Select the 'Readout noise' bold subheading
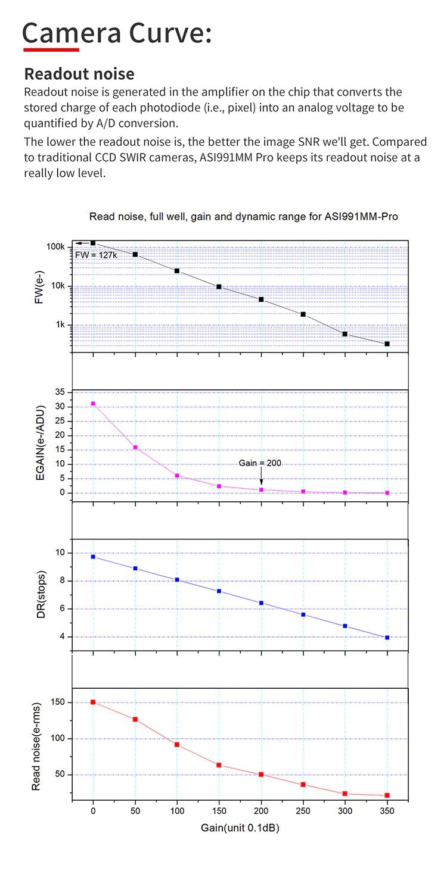pos(79,74)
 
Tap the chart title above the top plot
pos(243,217)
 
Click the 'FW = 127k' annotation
pos(95,255)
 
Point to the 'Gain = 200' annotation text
pos(260,463)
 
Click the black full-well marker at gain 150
pos(219,287)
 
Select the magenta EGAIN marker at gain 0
pos(93,404)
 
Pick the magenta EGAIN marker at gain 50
pos(135,447)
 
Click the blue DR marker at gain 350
pos(387,638)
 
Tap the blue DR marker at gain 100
pos(177,580)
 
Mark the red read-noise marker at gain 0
pos(93,702)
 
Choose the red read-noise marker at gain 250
pos(303,785)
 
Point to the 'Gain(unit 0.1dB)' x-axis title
pos(240,828)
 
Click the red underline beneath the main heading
pos(51,49)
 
